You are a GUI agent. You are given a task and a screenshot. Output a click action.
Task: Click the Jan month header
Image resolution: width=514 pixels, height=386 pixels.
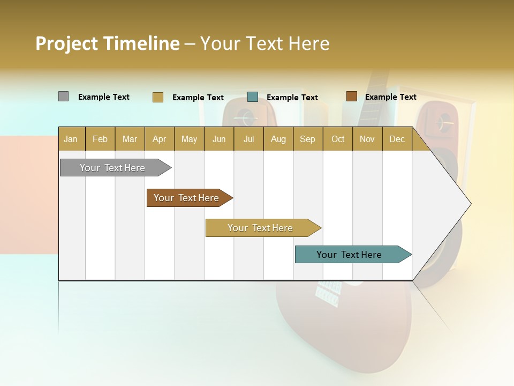pyautogui.click(x=71, y=139)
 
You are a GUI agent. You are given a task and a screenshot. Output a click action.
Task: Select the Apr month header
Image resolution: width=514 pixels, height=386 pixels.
pyautogui.click(x=159, y=139)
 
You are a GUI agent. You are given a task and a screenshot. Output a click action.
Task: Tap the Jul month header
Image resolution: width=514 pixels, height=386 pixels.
pyautogui.click(x=248, y=139)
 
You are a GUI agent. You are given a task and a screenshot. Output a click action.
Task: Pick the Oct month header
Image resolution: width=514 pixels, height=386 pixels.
pyautogui.click(x=338, y=139)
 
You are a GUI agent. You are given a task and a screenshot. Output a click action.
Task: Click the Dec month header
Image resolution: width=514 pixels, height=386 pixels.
pyautogui.click(x=397, y=139)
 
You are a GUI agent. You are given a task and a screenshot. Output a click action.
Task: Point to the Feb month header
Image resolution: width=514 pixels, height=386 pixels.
pyautogui.click(x=100, y=139)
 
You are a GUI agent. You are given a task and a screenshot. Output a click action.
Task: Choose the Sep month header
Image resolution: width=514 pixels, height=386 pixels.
pyautogui.click(x=307, y=139)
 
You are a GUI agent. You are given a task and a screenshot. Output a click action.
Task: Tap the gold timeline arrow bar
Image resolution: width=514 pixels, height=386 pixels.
pyautogui.click(x=261, y=228)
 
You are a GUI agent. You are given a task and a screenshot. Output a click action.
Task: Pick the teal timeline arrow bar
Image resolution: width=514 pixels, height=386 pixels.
pyautogui.click(x=350, y=255)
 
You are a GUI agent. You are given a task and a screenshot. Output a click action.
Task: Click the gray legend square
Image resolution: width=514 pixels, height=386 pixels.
pyautogui.click(x=63, y=96)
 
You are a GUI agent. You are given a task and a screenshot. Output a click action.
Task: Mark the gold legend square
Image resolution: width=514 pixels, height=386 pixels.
pyautogui.click(x=157, y=97)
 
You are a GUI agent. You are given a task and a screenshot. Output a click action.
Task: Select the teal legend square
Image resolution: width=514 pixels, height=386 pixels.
pyautogui.click(x=253, y=96)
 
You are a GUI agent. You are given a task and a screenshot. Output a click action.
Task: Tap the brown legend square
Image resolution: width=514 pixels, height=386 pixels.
pyautogui.click(x=351, y=96)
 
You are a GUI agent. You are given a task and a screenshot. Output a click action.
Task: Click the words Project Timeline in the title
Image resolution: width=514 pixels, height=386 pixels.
pyautogui.click(x=107, y=43)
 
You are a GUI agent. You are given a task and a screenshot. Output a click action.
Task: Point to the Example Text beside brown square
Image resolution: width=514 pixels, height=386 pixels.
pyautogui.click(x=390, y=97)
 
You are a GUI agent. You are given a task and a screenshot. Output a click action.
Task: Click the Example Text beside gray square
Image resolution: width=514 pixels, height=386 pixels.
pyautogui.click(x=103, y=97)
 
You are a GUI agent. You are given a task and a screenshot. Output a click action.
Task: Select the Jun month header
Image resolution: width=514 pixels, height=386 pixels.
pyautogui.click(x=219, y=139)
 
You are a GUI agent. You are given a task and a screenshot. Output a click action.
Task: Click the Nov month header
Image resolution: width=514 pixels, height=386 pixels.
pyautogui.click(x=367, y=139)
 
